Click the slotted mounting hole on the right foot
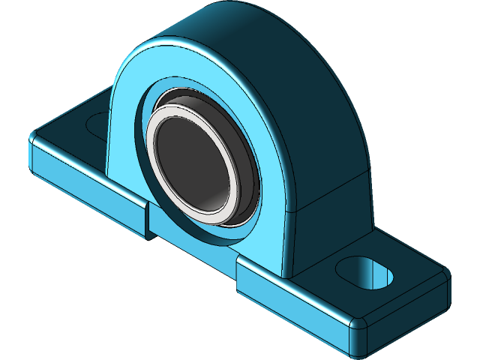365,271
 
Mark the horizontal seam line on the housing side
330,191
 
